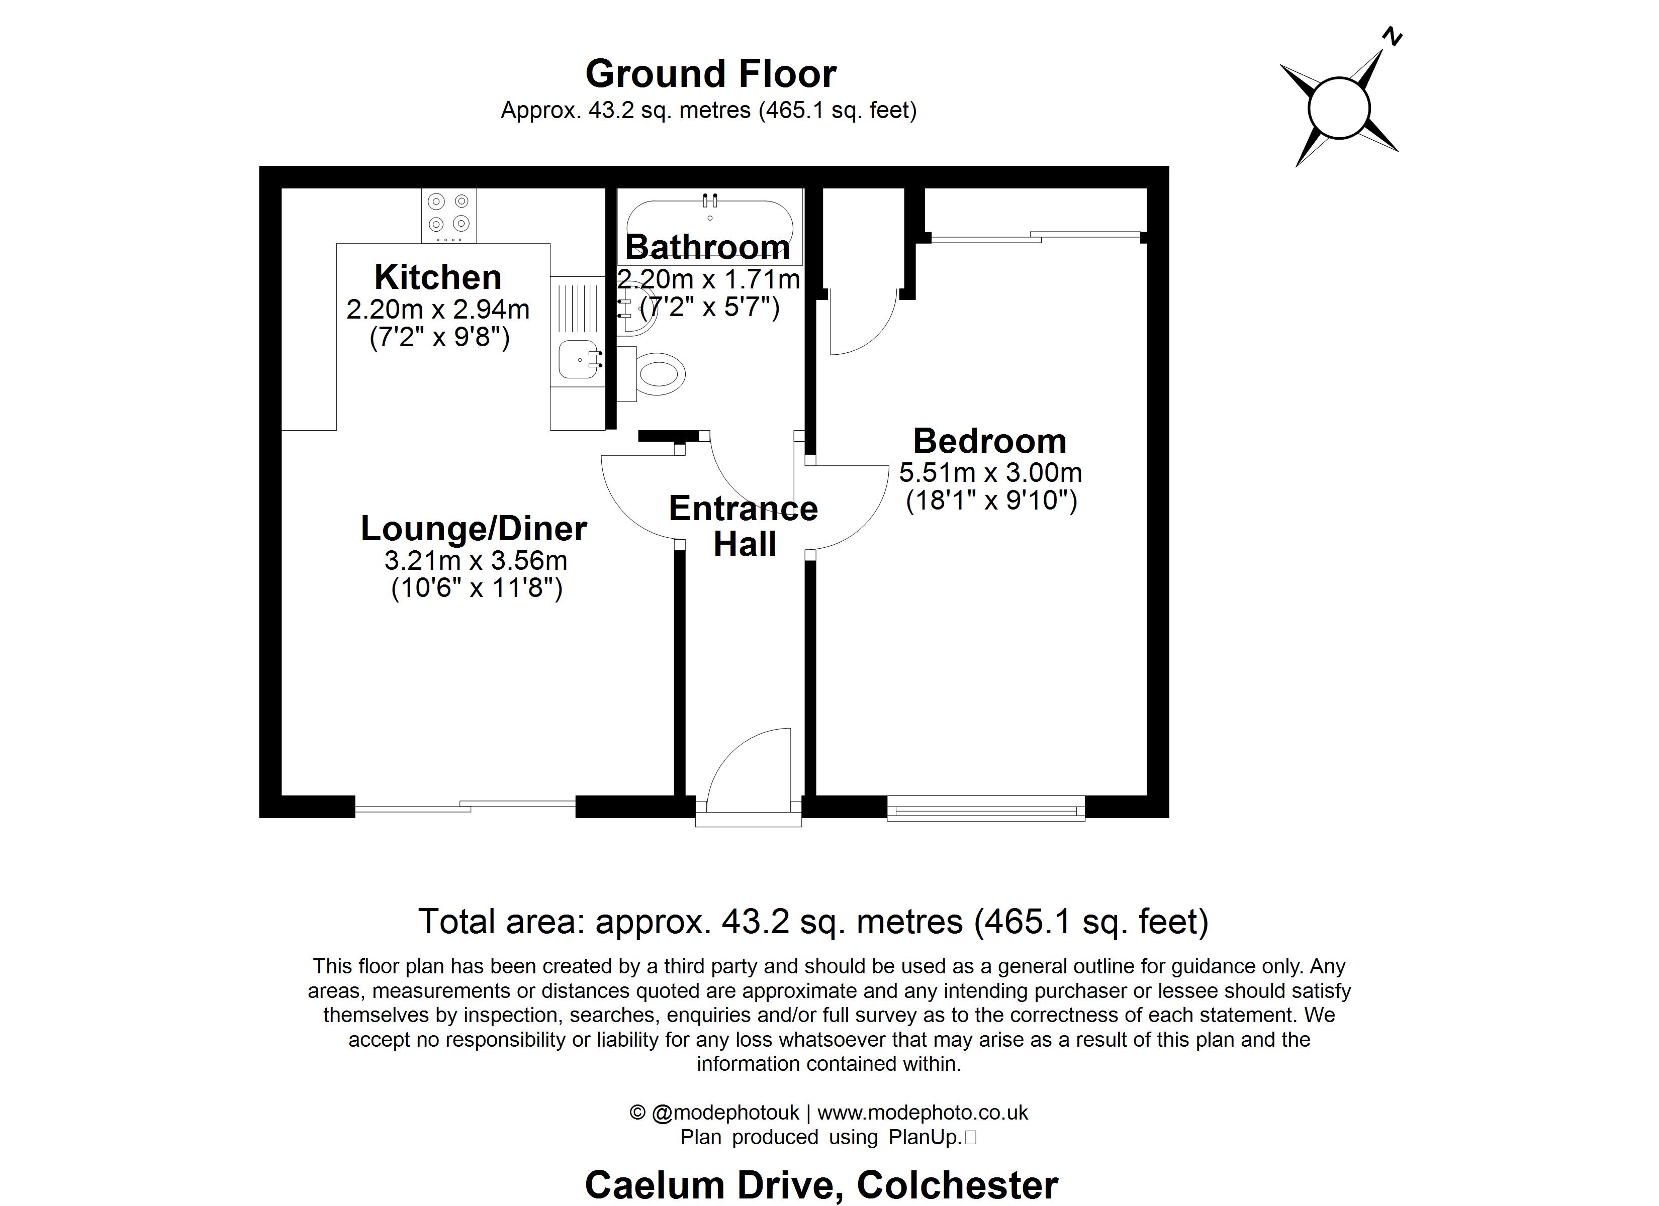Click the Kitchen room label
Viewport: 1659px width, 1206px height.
point(437,277)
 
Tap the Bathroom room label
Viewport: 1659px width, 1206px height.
point(707,247)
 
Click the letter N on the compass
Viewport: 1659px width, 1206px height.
point(1392,37)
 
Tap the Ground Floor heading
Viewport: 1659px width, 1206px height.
point(710,74)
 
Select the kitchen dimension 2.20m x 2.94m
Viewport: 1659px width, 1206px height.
point(437,310)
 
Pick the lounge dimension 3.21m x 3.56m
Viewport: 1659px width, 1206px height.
point(476,561)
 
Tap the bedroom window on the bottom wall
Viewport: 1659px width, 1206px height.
point(985,810)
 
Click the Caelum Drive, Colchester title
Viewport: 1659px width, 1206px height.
point(821,1183)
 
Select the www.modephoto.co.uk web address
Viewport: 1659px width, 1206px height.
point(923,1113)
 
